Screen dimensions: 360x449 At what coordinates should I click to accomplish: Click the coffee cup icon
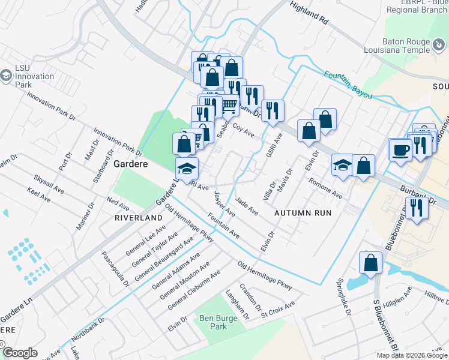[x=400, y=150]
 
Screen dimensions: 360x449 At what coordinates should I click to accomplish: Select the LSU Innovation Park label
[x=34, y=77]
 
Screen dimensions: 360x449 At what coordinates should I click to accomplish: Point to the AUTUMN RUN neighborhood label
[x=303, y=213]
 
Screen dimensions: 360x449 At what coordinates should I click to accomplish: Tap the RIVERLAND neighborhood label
[x=139, y=217]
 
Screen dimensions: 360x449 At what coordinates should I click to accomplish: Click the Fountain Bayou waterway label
[x=348, y=85]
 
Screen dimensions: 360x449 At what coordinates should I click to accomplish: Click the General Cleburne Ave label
[x=194, y=290]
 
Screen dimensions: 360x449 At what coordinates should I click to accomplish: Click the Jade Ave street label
[x=247, y=208]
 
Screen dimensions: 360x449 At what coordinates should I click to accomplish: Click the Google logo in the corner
[x=20, y=353]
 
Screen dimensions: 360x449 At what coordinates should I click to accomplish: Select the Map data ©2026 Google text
[x=411, y=355]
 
